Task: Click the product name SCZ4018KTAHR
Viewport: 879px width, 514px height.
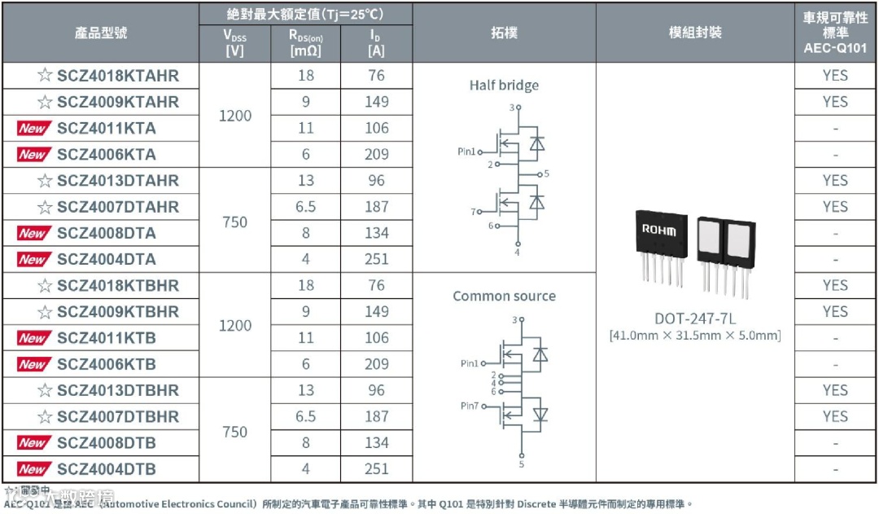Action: pyautogui.click(x=117, y=76)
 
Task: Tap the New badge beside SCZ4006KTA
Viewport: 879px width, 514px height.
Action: pyautogui.click(x=33, y=155)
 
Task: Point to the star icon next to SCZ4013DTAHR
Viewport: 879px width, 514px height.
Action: pyautogui.click(x=45, y=181)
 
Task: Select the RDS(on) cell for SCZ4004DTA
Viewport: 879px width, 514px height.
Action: pyautogui.click(x=305, y=259)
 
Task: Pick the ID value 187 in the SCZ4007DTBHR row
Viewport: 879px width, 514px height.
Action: pyautogui.click(x=377, y=416)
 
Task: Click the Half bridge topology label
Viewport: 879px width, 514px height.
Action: pyautogui.click(x=504, y=86)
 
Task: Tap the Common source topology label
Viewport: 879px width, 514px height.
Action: pyautogui.click(x=504, y=297)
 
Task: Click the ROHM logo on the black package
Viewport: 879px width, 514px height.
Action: pyautogui.click(x=658, y=231)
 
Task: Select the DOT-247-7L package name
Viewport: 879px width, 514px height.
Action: pyautogui.click(x=694, y=318)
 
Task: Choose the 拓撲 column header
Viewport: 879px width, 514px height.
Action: pyautogui.click(x=504, y=33)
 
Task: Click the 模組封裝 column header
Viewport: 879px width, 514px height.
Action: pyautogui.click(x=695, y=33)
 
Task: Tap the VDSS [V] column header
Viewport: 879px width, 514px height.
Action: pyautogui.click(x=234, y=43)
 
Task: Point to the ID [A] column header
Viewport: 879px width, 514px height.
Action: pyautogui.click(x=376, y=43)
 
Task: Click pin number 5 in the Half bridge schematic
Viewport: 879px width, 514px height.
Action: pyautogui.click(x=547, y=174)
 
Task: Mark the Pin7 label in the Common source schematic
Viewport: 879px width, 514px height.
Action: pyautogui.click(x=470, y=406)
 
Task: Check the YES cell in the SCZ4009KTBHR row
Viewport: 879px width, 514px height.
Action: pyautogui.click(x=835, y=311)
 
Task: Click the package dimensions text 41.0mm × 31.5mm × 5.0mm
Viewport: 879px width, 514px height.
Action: pyautogui.click(x=694, y=336)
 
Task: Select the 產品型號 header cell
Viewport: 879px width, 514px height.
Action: pyautogui.click(x=100, y=33)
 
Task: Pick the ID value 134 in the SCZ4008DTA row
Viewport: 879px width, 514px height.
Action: pyautogui.click(x=377, y=233)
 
